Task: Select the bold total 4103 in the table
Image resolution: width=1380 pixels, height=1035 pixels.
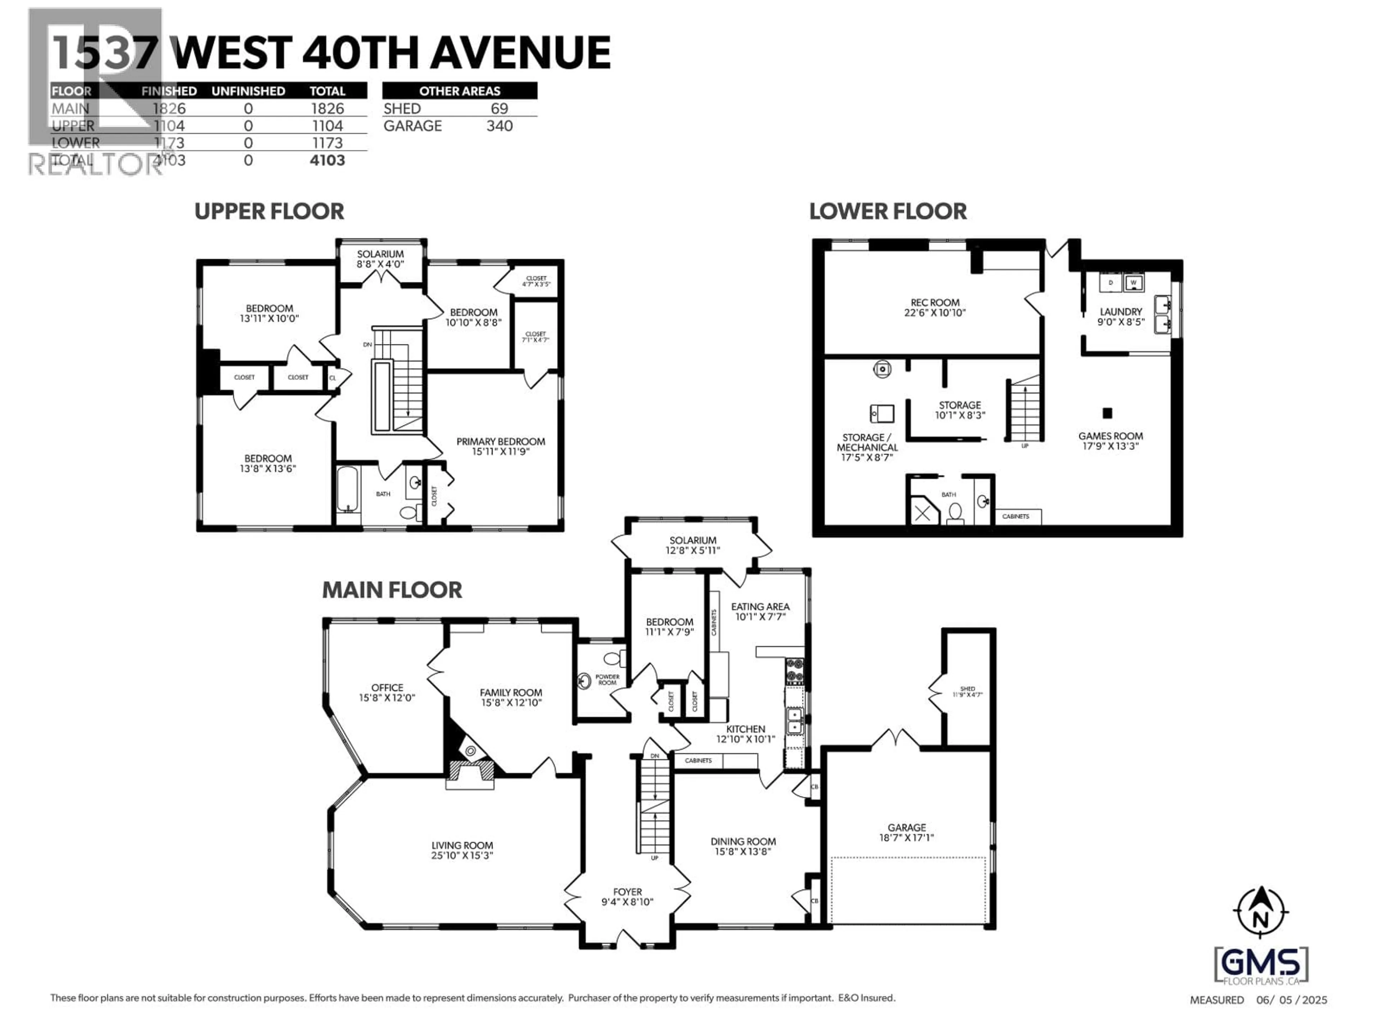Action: pos(327,160)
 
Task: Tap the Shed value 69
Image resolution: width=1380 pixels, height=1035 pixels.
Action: pos(499,109)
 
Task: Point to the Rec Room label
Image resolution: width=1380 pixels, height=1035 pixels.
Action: pos(935,303)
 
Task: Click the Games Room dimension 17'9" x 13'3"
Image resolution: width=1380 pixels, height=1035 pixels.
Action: pos(1110,447)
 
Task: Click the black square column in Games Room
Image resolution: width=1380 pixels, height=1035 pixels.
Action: pos(1107,412)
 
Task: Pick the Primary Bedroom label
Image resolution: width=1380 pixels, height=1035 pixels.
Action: pos(500,442)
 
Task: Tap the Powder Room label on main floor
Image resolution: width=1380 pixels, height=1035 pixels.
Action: pos(607,679)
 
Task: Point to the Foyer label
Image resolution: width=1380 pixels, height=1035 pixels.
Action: pos(627,892)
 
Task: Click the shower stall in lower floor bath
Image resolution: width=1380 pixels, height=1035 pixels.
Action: pos(923,513)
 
